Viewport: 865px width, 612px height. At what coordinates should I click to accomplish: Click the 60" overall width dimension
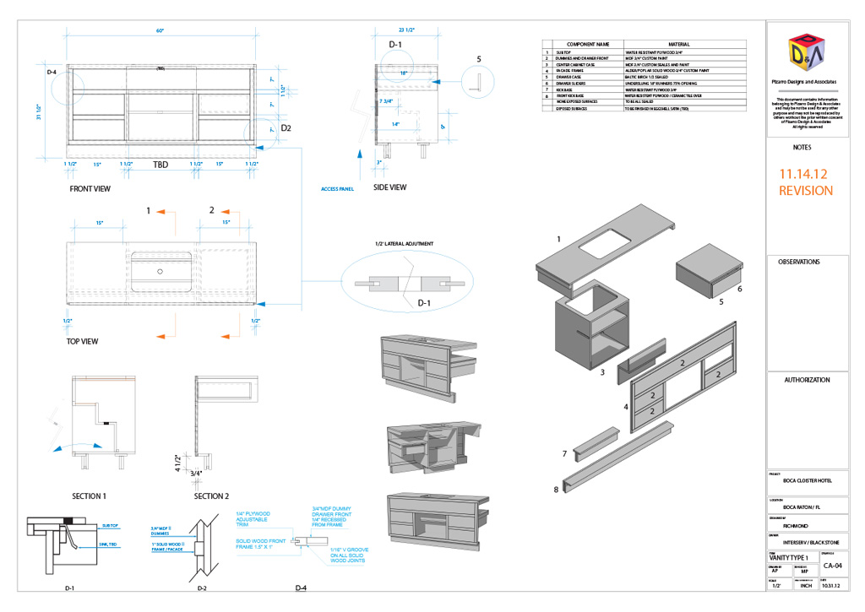pos(160,30)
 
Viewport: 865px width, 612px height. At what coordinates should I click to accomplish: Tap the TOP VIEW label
pos(82,342)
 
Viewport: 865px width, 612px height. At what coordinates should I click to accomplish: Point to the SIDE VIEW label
pos(389,187)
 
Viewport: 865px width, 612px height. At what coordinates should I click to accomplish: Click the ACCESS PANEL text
pos(338,189)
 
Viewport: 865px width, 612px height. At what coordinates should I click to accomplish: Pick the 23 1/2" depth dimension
pos(406,30)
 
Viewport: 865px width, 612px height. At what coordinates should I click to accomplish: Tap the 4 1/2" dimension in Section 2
pos(178,461)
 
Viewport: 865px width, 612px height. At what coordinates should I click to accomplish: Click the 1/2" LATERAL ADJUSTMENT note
pos(405,243)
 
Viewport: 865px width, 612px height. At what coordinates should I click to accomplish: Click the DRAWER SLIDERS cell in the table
pos(578,84)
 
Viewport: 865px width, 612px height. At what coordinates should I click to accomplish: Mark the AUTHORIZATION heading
pos(807,380)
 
